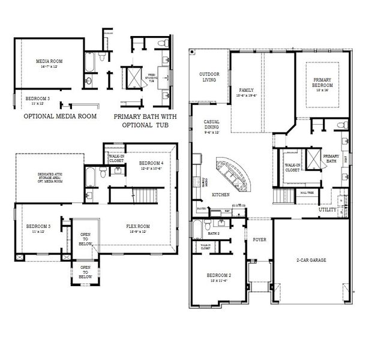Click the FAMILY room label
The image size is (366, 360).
247,92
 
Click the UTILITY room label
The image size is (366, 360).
328,210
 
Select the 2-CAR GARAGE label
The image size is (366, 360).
310,259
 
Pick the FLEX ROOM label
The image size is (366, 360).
138,228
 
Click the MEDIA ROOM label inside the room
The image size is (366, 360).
49,63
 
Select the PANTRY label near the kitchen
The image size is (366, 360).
202,209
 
